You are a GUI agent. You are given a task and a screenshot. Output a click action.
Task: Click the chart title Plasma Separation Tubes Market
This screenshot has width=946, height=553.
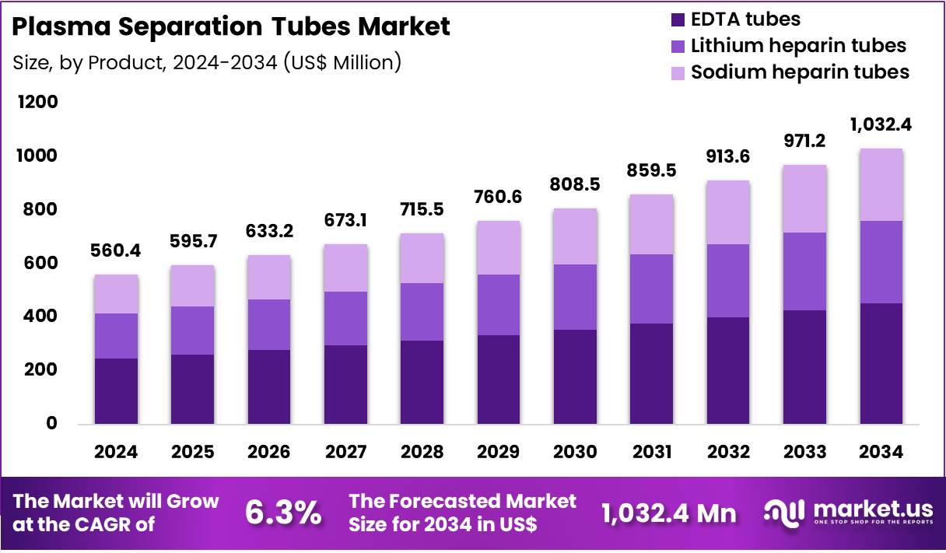[x=231, y=27]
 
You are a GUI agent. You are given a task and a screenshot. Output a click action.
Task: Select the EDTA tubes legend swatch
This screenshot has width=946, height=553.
[x=677, y=19]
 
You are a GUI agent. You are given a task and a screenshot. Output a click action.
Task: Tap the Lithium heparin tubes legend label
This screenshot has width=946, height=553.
[x=798, y=46]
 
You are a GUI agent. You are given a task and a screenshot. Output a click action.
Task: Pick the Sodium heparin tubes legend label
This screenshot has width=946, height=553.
[x=800, y=72]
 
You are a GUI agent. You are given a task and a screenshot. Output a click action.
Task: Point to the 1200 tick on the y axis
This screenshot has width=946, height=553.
[x=36, y=103]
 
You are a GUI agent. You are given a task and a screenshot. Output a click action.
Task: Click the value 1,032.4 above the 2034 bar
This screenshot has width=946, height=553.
[x=881, y=125]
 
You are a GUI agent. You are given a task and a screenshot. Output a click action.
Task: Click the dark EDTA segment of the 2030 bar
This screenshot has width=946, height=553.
[x=575, y=376]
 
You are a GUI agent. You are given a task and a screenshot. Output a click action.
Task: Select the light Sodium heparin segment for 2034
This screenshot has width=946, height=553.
[x=881, y=184]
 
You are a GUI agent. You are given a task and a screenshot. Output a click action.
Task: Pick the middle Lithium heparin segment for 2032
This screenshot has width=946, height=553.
[x=728, y=280]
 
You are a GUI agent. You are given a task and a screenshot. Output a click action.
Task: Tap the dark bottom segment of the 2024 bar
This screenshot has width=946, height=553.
[x=116, y=390]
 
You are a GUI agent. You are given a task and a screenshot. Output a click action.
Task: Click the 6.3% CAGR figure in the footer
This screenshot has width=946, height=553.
[x=283, y=513]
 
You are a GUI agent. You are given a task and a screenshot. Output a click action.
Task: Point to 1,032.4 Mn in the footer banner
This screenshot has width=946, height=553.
[x=669, y=513]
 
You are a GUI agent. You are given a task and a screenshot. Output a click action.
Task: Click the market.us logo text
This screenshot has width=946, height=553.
[x=872, y=508]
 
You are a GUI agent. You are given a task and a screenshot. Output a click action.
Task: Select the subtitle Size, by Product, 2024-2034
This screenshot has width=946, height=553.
[x=206, y=62]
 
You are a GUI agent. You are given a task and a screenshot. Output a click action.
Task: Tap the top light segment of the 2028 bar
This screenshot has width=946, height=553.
[x=422, y=258]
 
